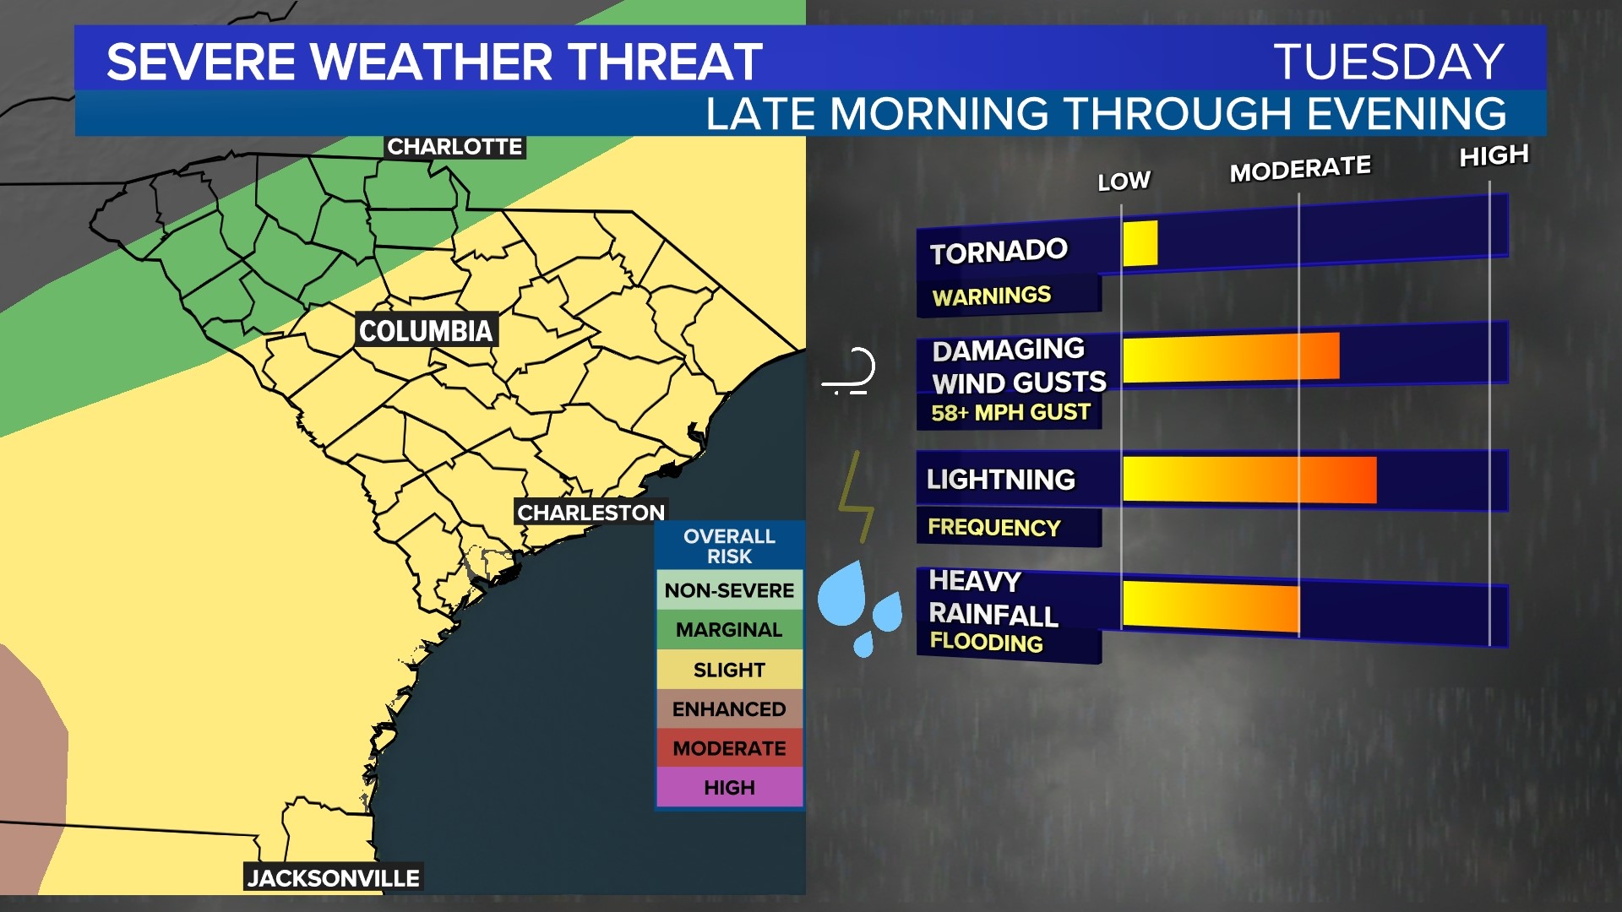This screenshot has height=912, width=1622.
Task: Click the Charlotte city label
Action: tap(454, 147)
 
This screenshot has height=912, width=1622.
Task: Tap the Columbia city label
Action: tap(426, 330)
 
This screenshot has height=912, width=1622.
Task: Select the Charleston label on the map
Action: tap(591, 513)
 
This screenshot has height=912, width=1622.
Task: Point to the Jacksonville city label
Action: tap(334, 878)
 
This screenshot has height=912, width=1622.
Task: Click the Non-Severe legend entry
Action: tap(729, 590)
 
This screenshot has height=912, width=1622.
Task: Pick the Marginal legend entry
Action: tap(729, 630)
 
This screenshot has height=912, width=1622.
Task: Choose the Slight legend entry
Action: tap(729, 670)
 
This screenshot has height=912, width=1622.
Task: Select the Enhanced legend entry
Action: tap(729, 709)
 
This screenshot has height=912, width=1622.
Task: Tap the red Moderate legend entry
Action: tap(729, 748)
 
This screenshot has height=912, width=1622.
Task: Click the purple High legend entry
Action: tap(729, 788)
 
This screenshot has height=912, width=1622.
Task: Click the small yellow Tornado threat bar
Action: tap(1140, 243)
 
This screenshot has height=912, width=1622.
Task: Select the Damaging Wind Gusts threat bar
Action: tap(1231, 358)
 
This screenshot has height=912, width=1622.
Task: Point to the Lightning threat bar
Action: tap(1249, 480)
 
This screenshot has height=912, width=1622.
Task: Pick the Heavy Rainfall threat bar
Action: tap(1211, 605)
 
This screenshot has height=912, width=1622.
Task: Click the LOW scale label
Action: tap(1124, 181)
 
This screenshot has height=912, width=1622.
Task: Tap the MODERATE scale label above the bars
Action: tap(1300, 169)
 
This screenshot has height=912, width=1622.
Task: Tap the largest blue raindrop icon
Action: tap(842, 594)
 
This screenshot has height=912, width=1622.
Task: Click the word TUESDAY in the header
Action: tap(1389, 62)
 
